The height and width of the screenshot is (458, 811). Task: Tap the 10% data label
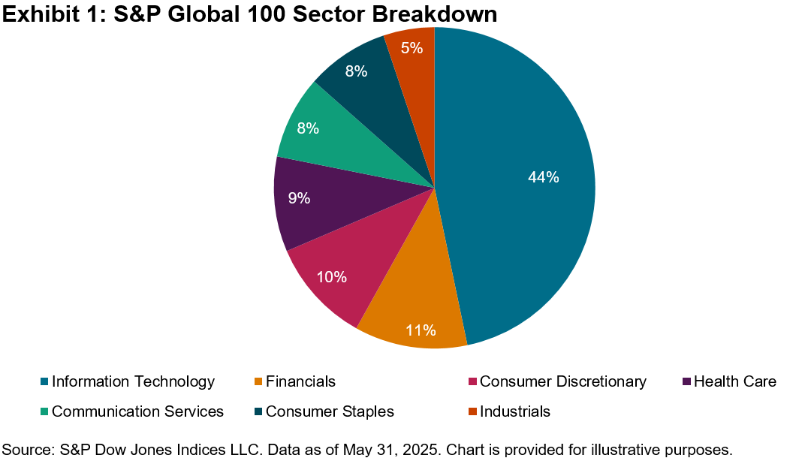(331, 277)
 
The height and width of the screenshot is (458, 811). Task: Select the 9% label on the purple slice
(299, 198)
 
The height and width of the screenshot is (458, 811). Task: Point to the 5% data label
(412, 48)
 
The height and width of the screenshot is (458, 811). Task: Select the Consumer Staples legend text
(330, 411)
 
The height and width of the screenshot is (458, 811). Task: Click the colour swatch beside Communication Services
(44, 412)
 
